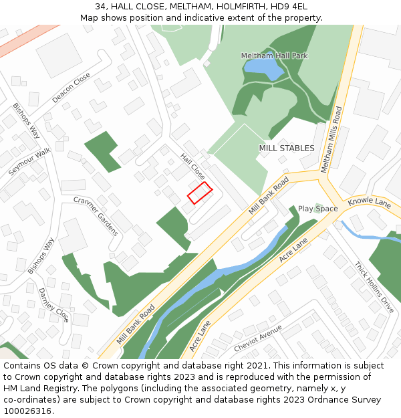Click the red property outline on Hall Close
pos(199,193)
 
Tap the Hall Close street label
pos(192,166)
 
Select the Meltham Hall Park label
pos(274,56)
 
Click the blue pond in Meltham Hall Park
pos(263,68)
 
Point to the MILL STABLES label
pos(286,148)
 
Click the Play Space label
pos(317,209)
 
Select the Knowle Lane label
pos(369,201)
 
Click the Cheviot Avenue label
pos(258,339)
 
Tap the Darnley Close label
pos(53,304)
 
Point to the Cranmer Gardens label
pos(96,216)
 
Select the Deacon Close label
pos(71,88)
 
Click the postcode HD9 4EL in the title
pos(289,6)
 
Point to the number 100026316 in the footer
pos(27,411)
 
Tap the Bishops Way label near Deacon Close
pos(26,121)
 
